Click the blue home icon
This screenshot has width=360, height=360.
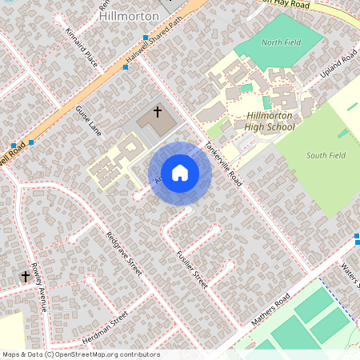pyautogui.click(x=180, y=173)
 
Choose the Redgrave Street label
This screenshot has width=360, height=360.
pyautogui.click(x=124, y=254)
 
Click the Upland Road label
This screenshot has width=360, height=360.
pyautogui.click(x=338, y=62)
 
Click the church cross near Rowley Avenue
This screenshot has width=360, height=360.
pyautogui.click(x=26, y=277)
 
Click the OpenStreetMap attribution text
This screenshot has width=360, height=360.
pyautogui.click(x=81, y=354)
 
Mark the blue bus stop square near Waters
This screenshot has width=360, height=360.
pyautogui.click(x=357, y=236)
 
